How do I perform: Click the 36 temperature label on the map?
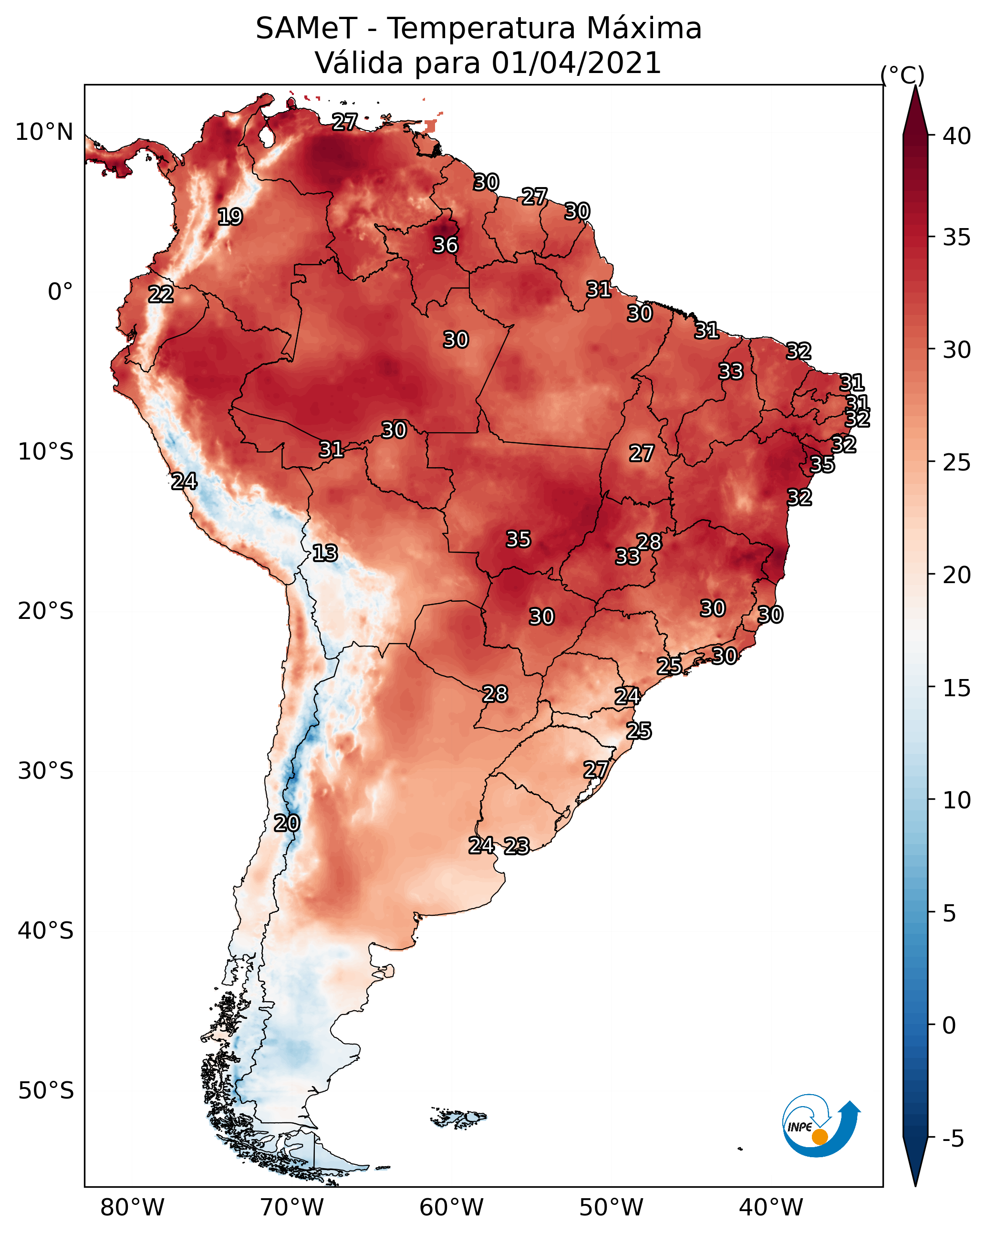(x=445, y=245)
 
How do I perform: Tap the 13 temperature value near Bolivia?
(x=325, y=553)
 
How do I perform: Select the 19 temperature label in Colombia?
(x=230, y=217)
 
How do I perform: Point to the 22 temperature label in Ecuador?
(x=161, y=294)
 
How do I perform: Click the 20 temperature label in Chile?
(x=287, y=823)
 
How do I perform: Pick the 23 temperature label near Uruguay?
(x=517, y=846)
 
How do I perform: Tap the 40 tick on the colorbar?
(x=956, y=136)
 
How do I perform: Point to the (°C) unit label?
(x=903, y=75)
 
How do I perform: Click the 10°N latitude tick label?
(x=44, y=132)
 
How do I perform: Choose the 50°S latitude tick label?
(x=46, y=1091)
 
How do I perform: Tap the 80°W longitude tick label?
(x=132, y=1208)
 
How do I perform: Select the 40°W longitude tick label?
(x=771, y=1208)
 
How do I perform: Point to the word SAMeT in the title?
(x=307, y=29)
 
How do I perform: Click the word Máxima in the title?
(x=642, y=29)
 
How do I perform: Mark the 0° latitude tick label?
(x=61, y=292)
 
